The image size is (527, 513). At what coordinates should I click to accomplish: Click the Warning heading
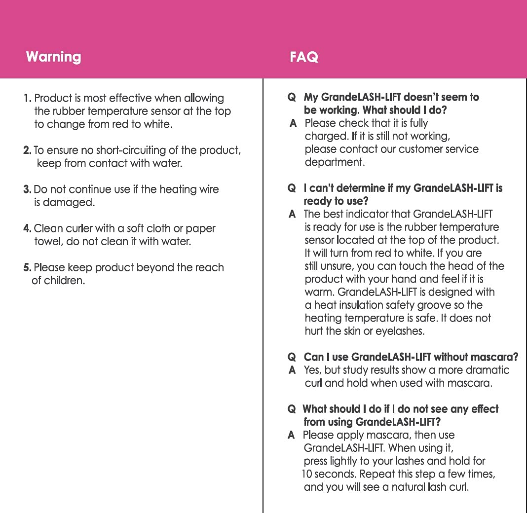click(x=53, y=57)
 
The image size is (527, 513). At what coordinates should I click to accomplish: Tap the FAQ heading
click(x=304, y=57)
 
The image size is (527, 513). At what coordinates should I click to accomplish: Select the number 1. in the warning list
click(x=28, y=98)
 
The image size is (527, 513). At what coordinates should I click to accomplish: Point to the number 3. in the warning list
click(x=28, y=189)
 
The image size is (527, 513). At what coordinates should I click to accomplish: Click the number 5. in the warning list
click(x=28, y=268)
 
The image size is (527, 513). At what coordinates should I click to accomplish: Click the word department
click(x=335, y=162)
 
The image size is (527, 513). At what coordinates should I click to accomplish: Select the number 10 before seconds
click(x=307, y=474)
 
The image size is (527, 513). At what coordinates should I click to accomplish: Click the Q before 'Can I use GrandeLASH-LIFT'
click(x=292, y=357)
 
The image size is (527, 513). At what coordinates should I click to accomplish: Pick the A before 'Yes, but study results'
click(x=292, y=370)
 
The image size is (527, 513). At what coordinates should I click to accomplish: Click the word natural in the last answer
click(x=417, y=487)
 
